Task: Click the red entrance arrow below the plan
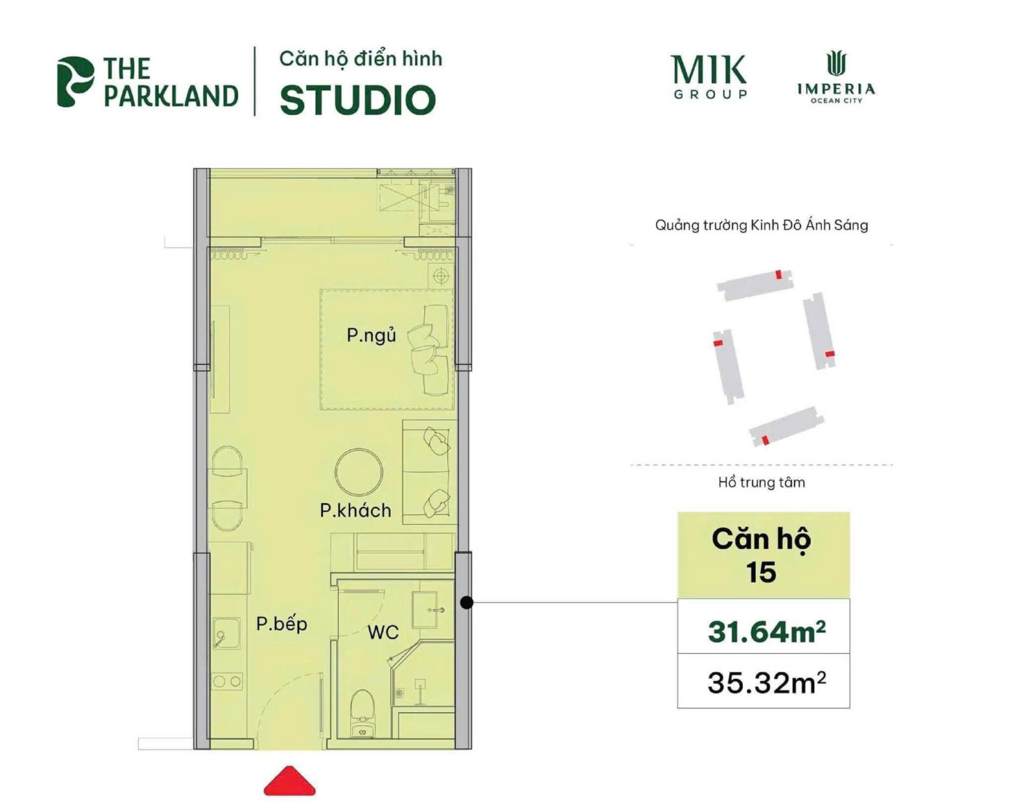click(x=289, y=782)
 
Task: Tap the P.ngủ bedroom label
click(x=371, y=335)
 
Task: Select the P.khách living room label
click(x=355, y=510)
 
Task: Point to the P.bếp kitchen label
click(x=282, y=624)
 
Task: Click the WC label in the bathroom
click(x=383, y=632)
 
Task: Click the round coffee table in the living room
click(x=359, y=473)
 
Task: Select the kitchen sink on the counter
click(x=225, y=633)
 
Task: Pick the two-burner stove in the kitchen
click(x=227, y=682)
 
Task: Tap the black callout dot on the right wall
click(x=467, y=602)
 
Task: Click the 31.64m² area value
click(x=767, y=631)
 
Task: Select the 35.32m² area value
click(x=767, y=683)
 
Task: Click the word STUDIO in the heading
click(x=358, y=100)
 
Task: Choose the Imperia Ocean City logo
click(x=836, y=78)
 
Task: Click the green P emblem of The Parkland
click(x=74, y=81)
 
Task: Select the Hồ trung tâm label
click(x=761, y=483)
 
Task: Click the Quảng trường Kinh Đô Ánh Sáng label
click(x=761, y=225)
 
